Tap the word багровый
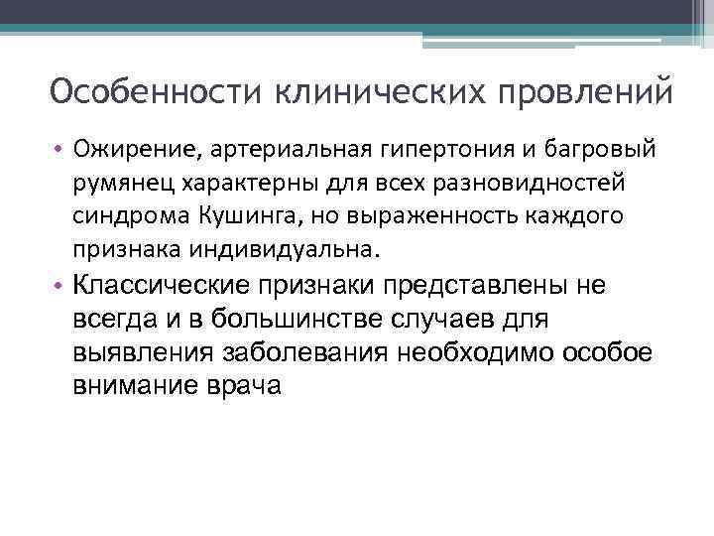(x=595, y=150)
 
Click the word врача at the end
(x=253, y=386)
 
